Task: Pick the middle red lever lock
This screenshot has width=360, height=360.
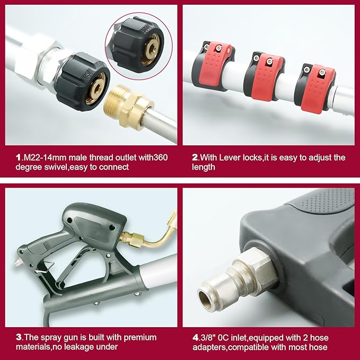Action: tap(265, 76)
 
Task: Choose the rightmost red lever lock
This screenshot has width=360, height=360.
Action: tap(315, 87)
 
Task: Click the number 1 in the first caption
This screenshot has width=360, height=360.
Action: tap(18, 157)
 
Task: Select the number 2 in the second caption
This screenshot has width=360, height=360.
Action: tap(195, 157)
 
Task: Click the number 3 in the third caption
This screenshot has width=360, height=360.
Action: tap(19, 338)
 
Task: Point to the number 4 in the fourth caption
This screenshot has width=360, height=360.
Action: tap(195, 338)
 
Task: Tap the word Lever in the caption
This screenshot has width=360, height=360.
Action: tap(228, 157)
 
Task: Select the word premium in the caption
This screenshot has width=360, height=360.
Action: tap(140, 338)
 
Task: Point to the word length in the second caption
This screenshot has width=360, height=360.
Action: tap(204, 168)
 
